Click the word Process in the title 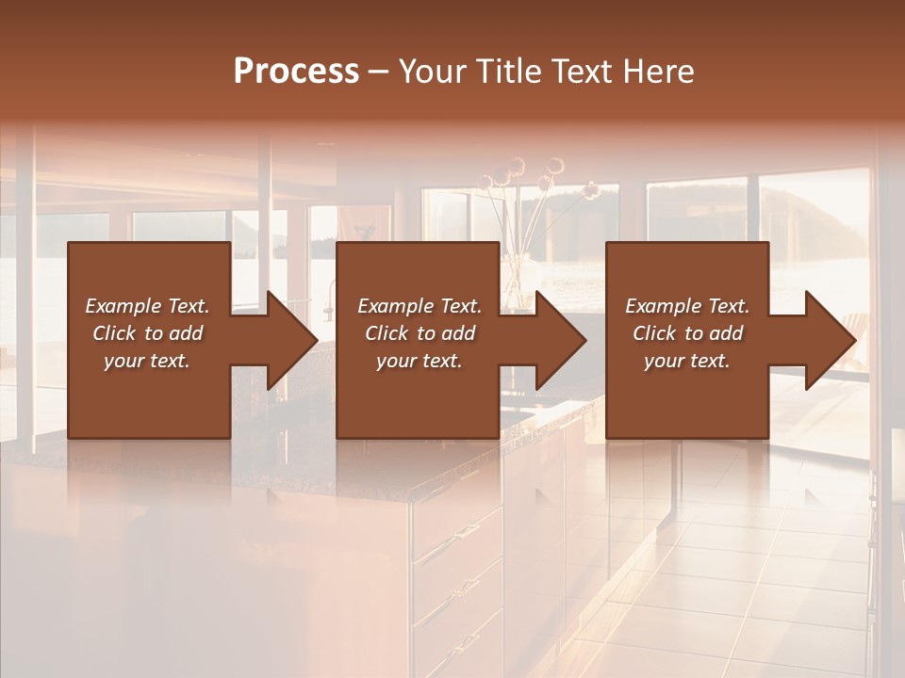point(296,72)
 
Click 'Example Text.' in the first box point(147,306)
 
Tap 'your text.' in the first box point(147,361)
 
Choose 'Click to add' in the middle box point(420,333)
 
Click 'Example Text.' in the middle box point(420,306)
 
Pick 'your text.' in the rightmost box point(687,361)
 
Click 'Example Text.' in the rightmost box point(687,306)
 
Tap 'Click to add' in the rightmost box point(687,333)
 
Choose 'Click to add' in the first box point(147,333)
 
